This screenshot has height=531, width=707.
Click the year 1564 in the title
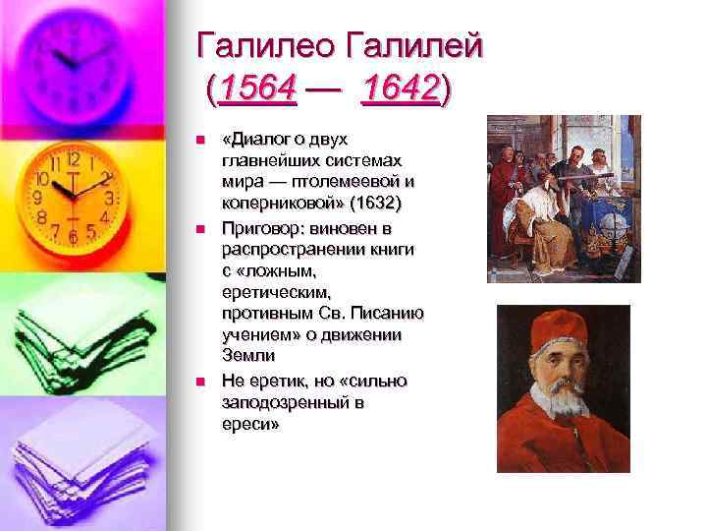[x=259, y=91]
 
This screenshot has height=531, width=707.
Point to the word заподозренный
[x=280, y=402]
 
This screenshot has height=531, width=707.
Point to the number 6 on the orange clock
[x=72, y=239]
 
